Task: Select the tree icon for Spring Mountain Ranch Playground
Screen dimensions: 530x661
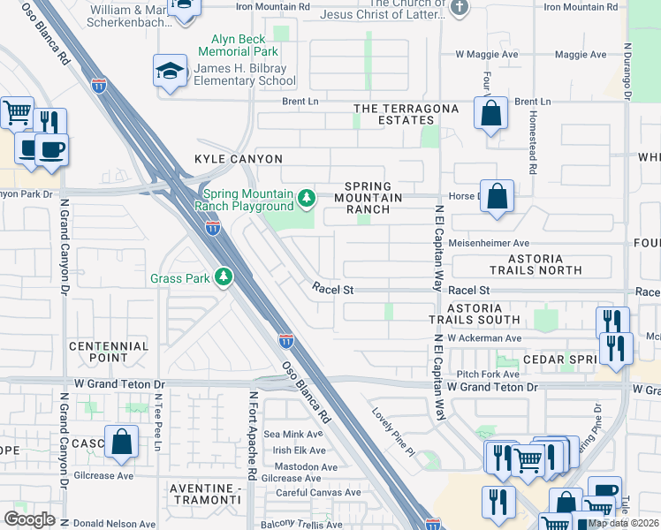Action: pyautogui.click(x=307, y=197)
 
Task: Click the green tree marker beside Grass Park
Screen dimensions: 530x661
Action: pyautogui.click(x=224, y=278)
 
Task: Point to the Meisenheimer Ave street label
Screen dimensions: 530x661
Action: pyautogui.click(x=490, y=243)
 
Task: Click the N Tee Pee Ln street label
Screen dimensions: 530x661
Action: pyautogui.click(x=158, y=421)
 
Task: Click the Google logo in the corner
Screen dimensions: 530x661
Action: pyautogui.click(x=29, y=519)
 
